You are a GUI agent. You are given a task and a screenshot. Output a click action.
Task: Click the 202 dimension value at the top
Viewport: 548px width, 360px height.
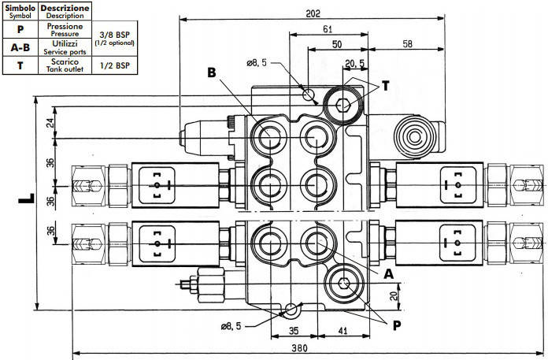coord(313,13)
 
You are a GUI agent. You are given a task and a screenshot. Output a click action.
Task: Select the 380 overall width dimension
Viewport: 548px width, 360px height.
coord(299,348)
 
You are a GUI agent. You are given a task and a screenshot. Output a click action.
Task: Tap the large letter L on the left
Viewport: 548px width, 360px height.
coord(27,199)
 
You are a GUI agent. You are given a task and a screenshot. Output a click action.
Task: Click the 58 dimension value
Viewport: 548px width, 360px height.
coord(408,43)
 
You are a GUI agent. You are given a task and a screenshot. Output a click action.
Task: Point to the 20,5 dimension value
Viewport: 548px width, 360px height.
coord(355,63)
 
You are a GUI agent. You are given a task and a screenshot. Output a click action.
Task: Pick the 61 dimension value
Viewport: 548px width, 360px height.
coord(328,29)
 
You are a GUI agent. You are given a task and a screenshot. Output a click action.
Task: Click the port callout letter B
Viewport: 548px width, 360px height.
coord(212,72)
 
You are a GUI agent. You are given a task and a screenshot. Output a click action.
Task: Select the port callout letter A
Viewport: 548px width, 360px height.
coord(389,274)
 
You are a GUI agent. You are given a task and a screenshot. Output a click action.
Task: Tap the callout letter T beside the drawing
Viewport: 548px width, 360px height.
coord(386,86)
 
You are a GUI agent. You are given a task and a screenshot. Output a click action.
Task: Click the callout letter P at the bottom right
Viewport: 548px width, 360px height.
coord(397,325)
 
